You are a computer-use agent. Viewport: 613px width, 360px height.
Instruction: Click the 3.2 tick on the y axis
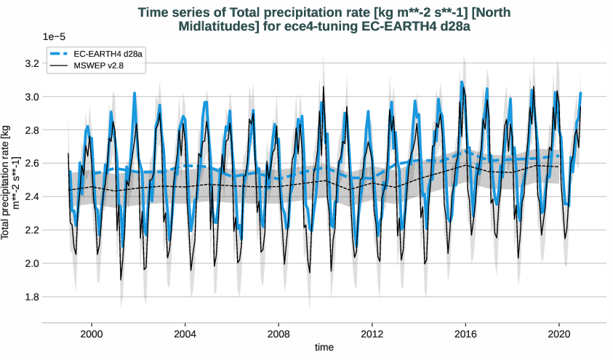30,63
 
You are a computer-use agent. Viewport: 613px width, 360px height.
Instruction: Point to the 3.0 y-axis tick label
30,97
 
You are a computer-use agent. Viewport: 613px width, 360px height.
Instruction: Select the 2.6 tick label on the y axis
30,164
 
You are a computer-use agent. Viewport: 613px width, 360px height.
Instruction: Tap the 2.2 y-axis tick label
30,230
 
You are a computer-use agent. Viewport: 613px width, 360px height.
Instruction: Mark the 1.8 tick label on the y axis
30,297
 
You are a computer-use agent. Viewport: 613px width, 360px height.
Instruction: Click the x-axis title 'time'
324,347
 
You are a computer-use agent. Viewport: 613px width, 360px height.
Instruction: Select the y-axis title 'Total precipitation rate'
9,182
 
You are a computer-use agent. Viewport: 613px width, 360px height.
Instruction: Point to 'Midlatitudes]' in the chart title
215,26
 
